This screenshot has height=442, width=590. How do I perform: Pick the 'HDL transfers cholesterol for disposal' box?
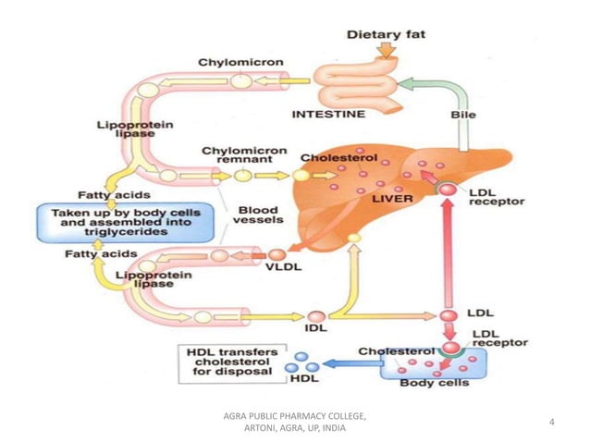point(229,363)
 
